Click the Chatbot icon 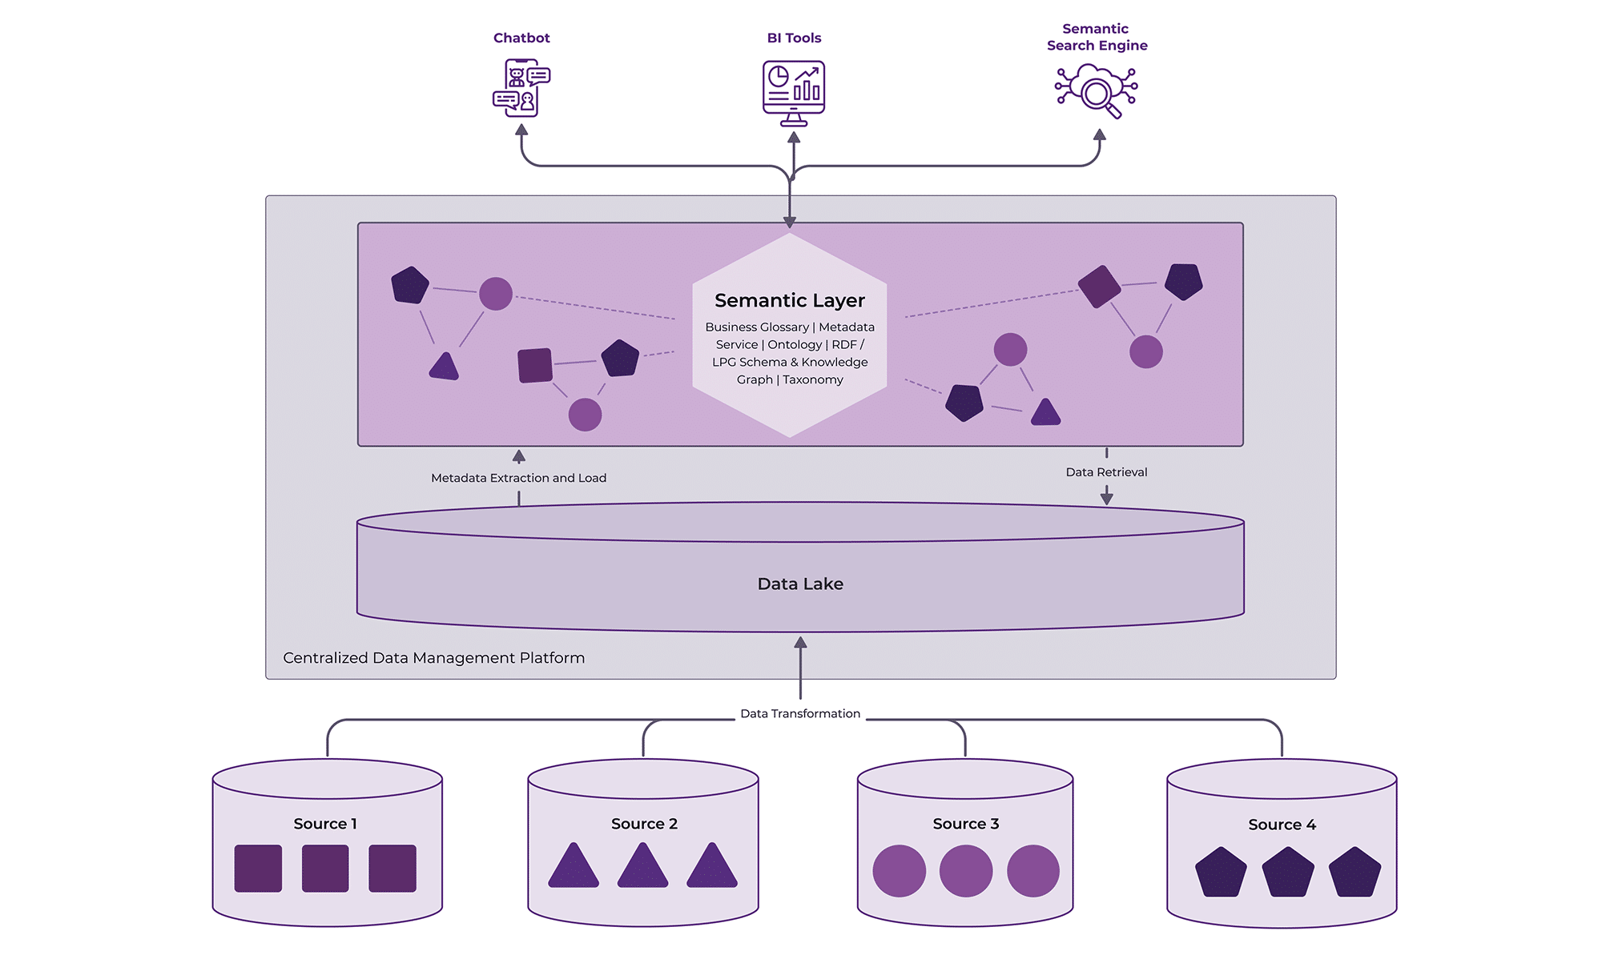(x=521, y=88)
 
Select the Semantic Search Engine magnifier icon (x=1097, y=90)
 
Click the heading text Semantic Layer (x=790, y=300)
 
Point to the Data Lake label (x=800, y=584)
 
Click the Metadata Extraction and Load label (x=518, y=478)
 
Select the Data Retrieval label (x=1106, y=472)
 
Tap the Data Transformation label (x=800, y=713)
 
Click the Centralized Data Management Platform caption (x=433, y=658)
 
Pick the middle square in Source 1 (x=325, y=869)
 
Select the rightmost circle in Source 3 (x=1032, y=871)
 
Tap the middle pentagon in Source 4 (x=1288, y=873)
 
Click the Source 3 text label (x=965, y=824)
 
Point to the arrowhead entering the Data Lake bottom (x=800, y=643)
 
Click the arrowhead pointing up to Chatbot (x=521, y=130)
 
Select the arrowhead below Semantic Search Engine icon (x=1100, y=135)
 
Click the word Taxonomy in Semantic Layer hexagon (x=812, y=379)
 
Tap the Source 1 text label (x=325, y=824)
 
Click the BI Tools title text (x=794, y=38)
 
